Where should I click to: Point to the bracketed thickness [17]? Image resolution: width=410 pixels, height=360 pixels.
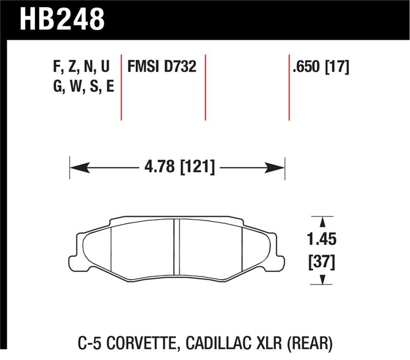(336, 67)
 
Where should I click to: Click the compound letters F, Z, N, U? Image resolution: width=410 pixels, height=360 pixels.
(81, 67)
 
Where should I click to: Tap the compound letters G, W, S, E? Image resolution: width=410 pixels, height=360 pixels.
(83, 87)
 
